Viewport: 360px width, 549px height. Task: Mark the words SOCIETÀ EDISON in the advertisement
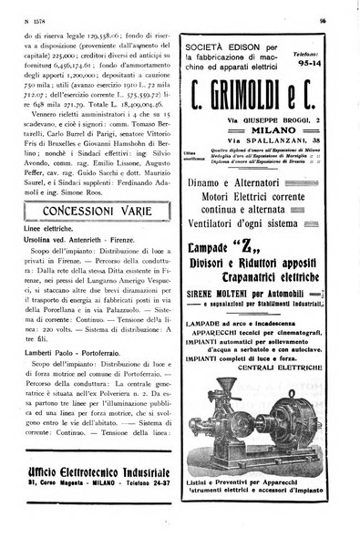(x=223, y=45)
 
